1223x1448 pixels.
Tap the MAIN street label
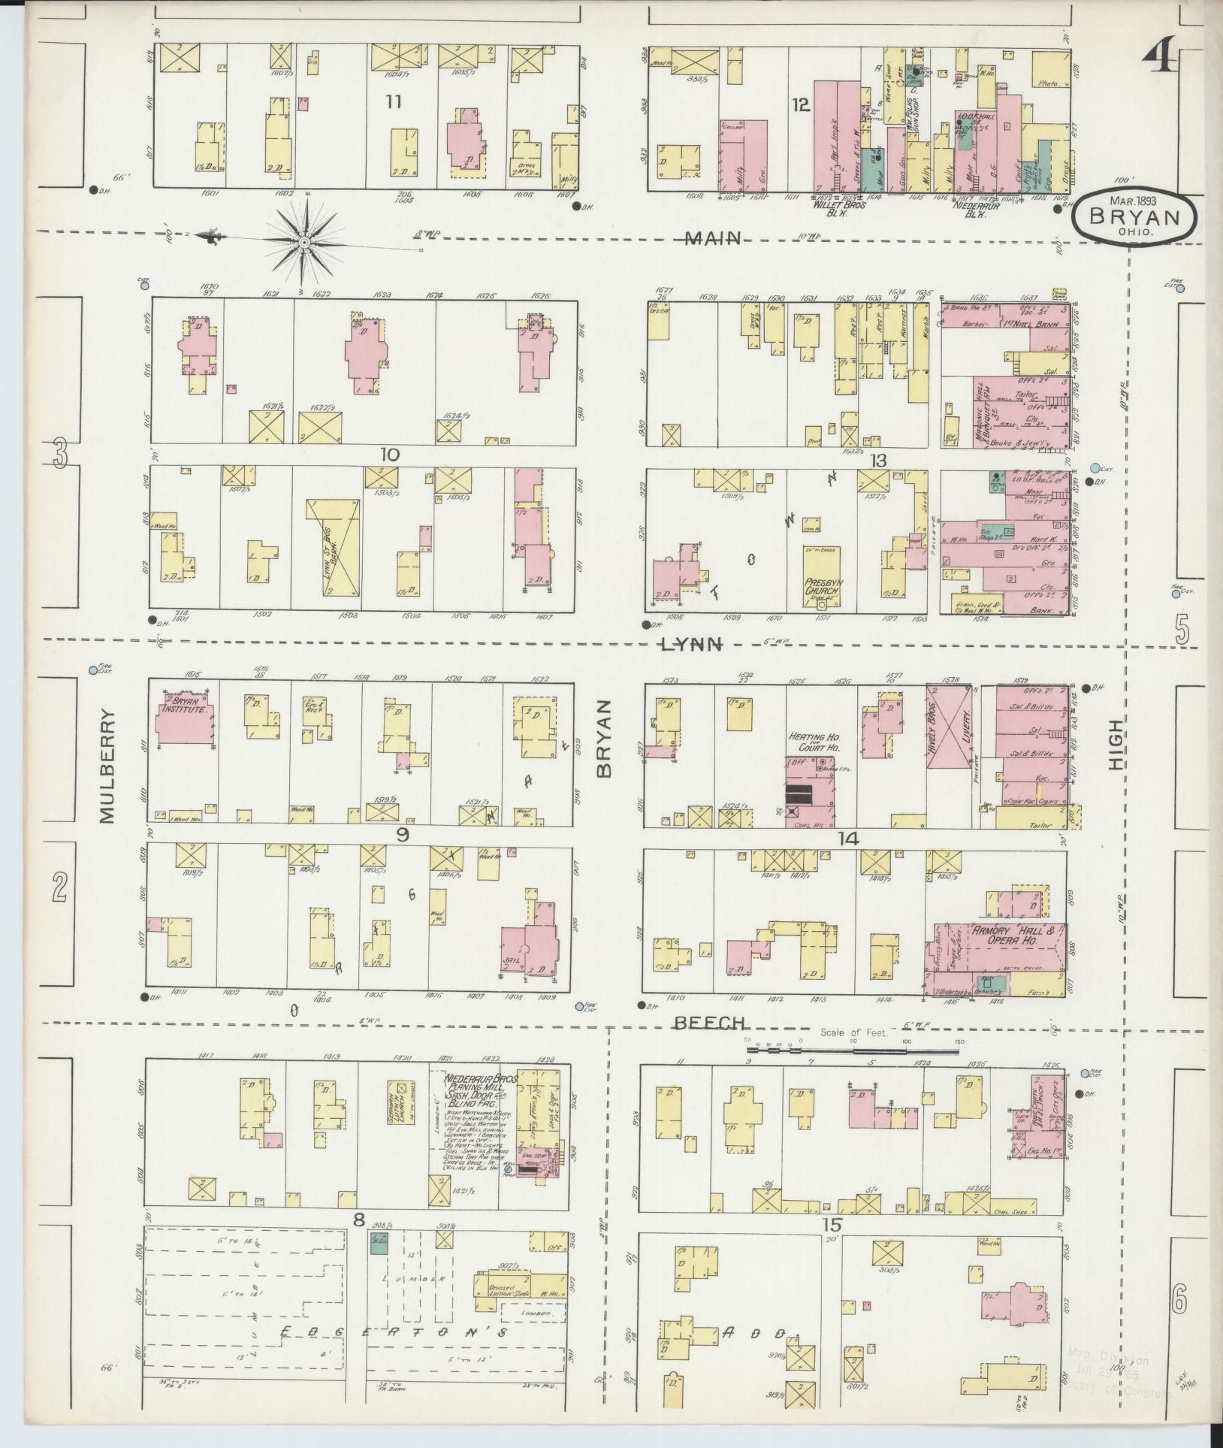click(713, 239)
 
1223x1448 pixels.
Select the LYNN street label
click(692, 643)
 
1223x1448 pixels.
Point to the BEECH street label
click(708, 1023)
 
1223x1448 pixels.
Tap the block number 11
click(393, 102)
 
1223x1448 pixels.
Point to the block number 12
click(800, 105)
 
